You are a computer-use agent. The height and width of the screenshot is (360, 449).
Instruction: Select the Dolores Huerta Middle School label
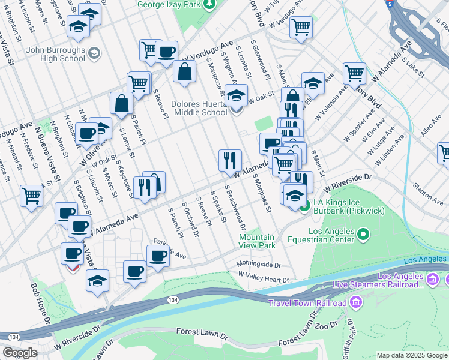coord(199,108)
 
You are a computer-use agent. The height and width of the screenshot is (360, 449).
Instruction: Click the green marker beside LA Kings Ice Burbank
coord(304,208)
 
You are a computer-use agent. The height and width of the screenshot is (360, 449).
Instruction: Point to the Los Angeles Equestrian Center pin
coord(363,233)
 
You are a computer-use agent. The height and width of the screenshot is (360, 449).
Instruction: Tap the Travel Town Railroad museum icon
coord(357,302)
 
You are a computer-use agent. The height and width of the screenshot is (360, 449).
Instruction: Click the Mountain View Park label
coord(256,241)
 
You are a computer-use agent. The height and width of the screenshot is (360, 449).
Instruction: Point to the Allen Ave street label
coord(431,127)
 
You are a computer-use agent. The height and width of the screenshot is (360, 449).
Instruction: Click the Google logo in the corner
coord(20,352)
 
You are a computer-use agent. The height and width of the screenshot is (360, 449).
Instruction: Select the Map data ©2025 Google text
coord(412,355)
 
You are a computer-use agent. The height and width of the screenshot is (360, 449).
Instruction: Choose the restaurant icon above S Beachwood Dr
coord(230,160)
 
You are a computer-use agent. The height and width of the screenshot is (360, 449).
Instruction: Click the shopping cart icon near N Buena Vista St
coord(31,194)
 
